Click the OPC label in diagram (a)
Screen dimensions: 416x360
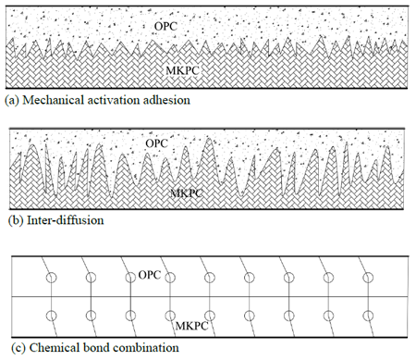(x=165, y=26)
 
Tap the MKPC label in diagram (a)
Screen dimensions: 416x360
(x=183, y=70)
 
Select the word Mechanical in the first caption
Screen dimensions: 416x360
(x=54, y=100)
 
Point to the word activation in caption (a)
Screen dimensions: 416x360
(x=114, y=100)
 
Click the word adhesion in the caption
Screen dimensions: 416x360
(x=166, y=100)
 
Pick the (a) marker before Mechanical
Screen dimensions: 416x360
(x=12, y=100)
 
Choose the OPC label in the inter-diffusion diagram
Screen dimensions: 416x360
(x=157, y=143)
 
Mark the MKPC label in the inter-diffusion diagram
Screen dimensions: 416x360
(x=187, y=193)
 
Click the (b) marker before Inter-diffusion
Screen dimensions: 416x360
(x=16, y=220)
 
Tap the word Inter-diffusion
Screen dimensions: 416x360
(x=66, y=220)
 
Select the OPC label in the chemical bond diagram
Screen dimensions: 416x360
(x=150, y=275)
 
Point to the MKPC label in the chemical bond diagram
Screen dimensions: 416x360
(x=192, y=326)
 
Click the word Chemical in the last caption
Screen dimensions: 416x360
(x=55, y=348)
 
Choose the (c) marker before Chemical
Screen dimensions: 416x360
(x=18, y=348)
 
